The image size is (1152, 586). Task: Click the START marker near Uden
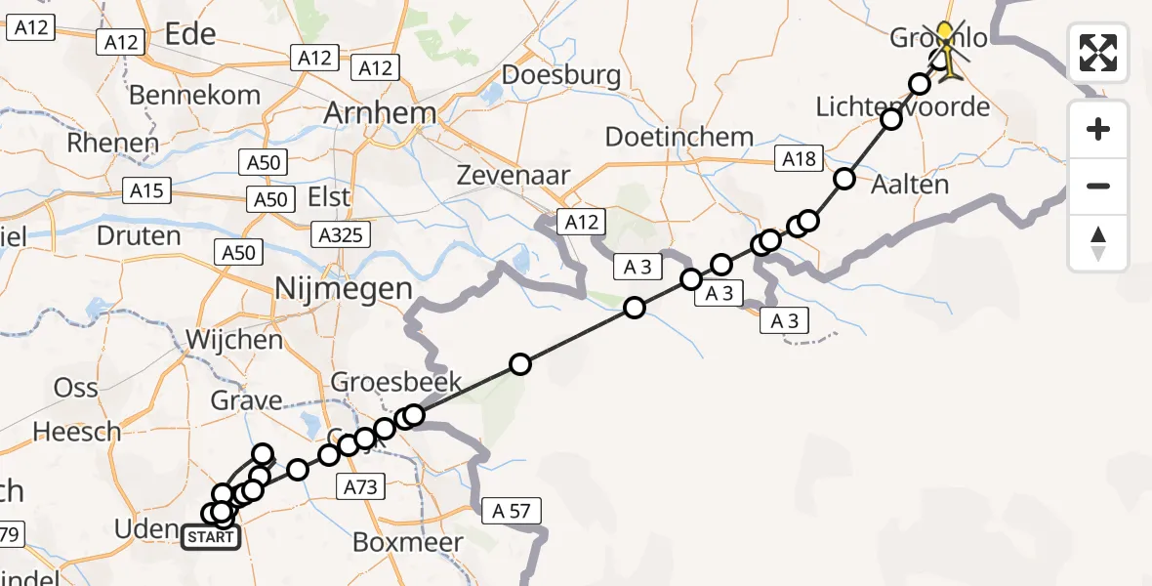(x=211, y=537)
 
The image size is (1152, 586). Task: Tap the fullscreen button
(x=1098, y=53)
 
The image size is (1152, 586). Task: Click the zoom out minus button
(x=1098, y=186)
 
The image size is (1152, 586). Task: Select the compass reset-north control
(x=1098, y=243)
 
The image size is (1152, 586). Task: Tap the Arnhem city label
(x=382, y=112)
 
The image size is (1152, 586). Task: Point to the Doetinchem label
(x=679, y=137)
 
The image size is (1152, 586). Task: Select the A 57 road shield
(x=510, y=510)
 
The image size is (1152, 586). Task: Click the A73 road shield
(x=361, y=485)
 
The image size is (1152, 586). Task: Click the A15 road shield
(x=147, y=190)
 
